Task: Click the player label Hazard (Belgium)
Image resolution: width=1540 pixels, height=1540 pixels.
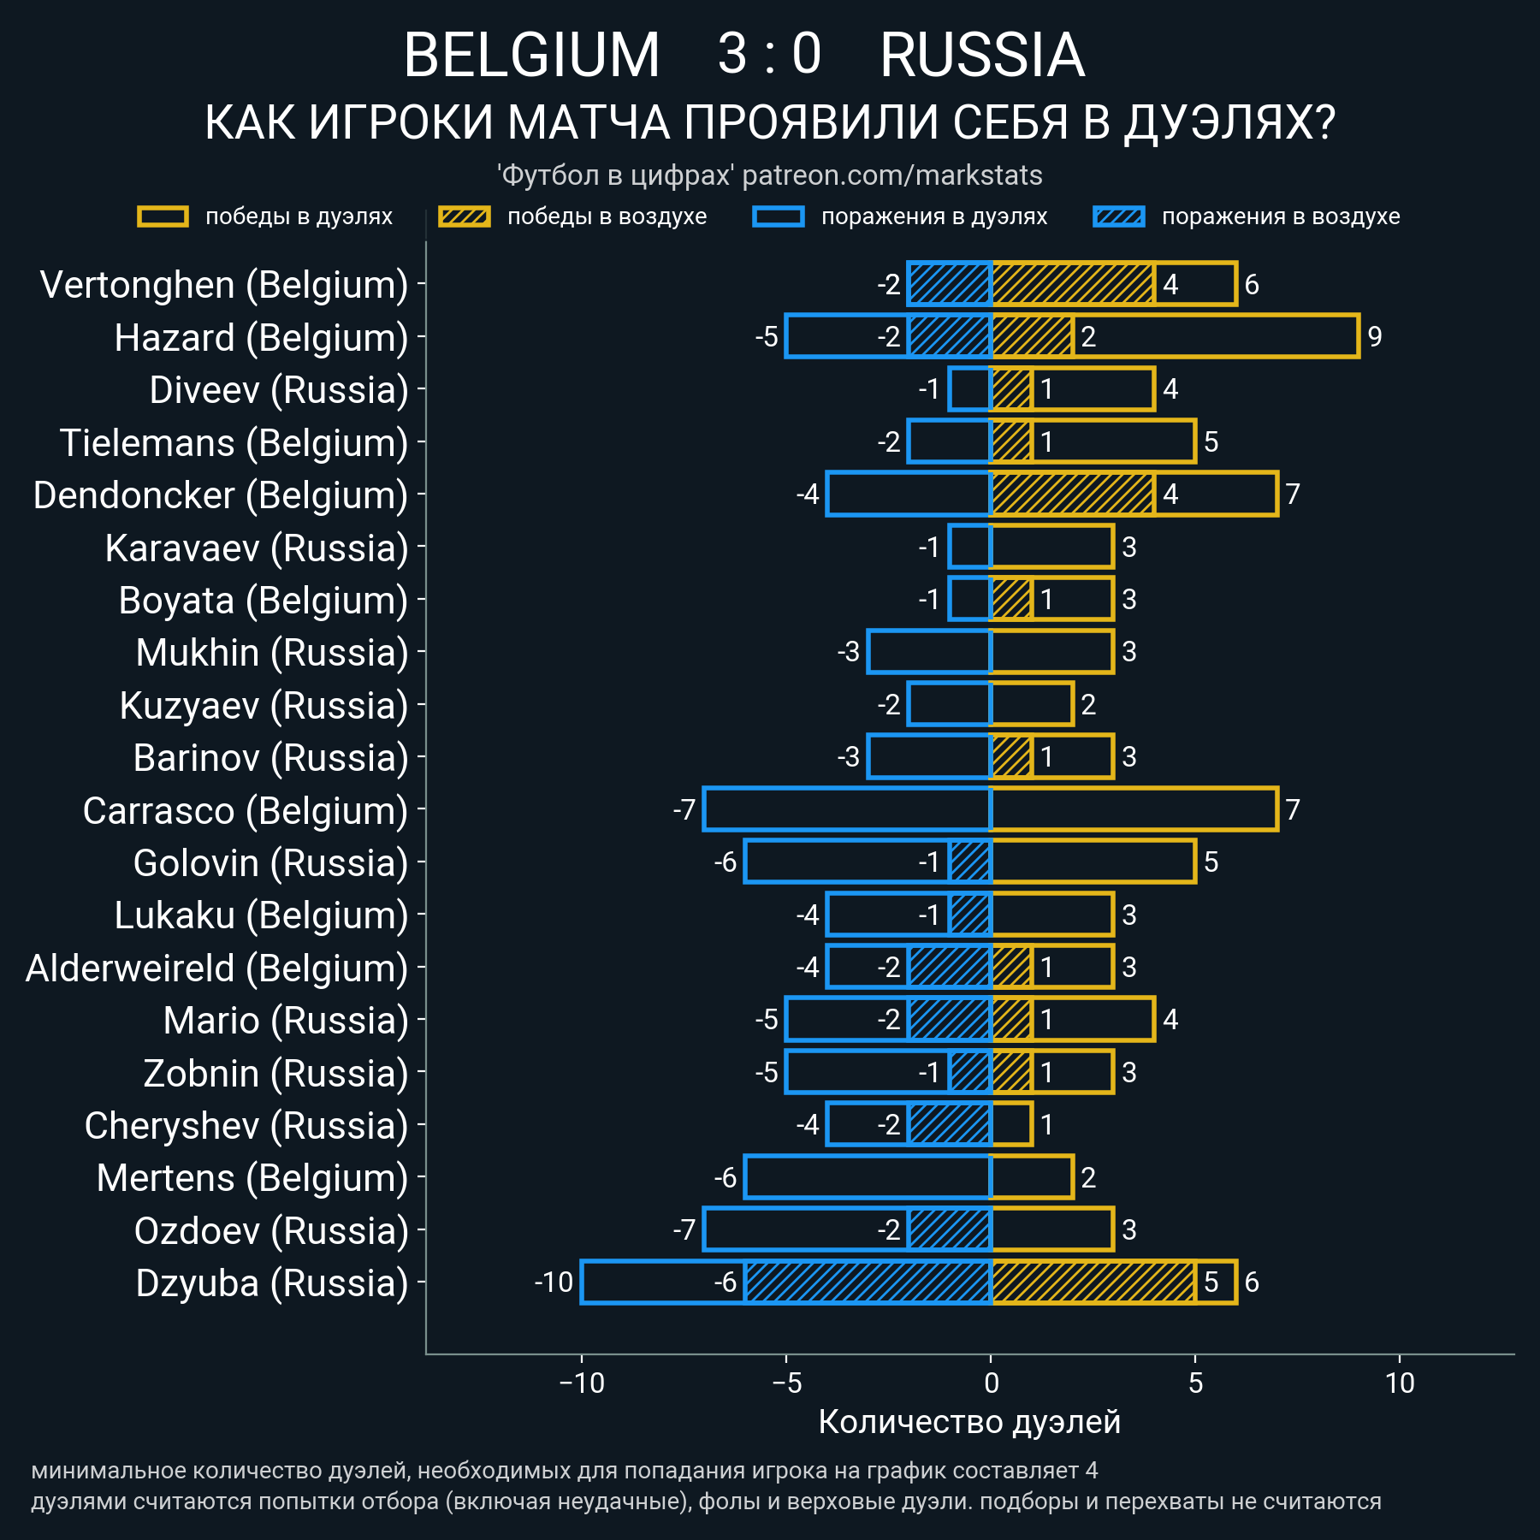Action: point(261,338)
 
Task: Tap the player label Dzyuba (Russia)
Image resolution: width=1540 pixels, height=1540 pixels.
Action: point(272,1283)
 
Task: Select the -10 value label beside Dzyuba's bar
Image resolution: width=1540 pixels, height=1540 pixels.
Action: point(554,1282)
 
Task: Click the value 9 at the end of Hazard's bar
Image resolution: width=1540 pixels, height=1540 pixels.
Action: point(1375,337)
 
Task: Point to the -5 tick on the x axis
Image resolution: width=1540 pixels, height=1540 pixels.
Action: point(786,1383)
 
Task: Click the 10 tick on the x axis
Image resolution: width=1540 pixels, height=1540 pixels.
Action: point(1400,1383)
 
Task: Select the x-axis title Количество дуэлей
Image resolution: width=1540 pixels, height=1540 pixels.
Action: point(969,1422)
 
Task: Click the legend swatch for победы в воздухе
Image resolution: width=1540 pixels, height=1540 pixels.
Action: point(464,216)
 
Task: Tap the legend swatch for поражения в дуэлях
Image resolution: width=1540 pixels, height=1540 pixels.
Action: point(778,216)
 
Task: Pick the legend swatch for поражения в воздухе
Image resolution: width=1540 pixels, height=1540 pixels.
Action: point(1118,216)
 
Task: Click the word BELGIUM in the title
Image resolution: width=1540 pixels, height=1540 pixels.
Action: point(531,56)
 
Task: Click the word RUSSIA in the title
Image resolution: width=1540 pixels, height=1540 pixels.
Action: point(982,56)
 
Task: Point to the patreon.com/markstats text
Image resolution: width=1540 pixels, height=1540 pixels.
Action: point(892,175)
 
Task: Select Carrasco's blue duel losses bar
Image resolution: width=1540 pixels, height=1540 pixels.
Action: point(847,809)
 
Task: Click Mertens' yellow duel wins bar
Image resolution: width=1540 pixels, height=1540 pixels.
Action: point(1032,1177)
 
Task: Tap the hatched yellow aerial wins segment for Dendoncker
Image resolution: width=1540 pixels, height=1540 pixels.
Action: point(1073,495)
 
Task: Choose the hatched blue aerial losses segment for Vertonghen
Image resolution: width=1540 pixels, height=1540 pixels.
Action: point(950,284)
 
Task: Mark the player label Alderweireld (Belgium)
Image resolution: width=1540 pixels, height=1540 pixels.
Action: point(216,968)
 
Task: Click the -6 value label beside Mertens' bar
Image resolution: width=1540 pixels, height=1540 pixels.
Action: point(725,1178)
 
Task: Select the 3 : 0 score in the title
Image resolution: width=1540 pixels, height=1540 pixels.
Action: point(769,54)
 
